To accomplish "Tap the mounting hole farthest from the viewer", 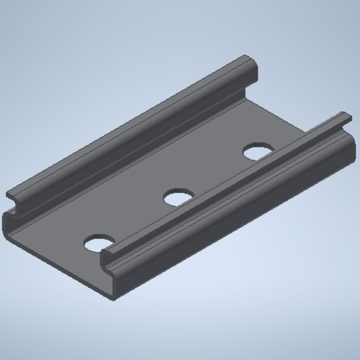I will (x=256, y=151).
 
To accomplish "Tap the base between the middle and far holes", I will (x=216, y=173).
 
